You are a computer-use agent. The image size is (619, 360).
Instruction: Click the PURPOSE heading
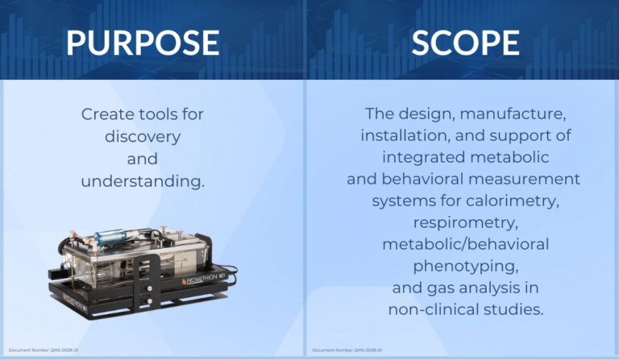(x=143, y=42)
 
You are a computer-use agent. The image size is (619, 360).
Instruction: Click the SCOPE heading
(x=465, y=42)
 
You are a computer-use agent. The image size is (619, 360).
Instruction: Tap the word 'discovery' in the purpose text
(x=143, y=137)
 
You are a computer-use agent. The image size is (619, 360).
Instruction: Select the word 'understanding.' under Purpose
(x=143, y=181)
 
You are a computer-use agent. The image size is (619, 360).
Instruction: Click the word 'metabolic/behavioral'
(x=465, y=243)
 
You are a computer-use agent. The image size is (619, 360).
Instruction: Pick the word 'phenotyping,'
(x=465, y=266)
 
